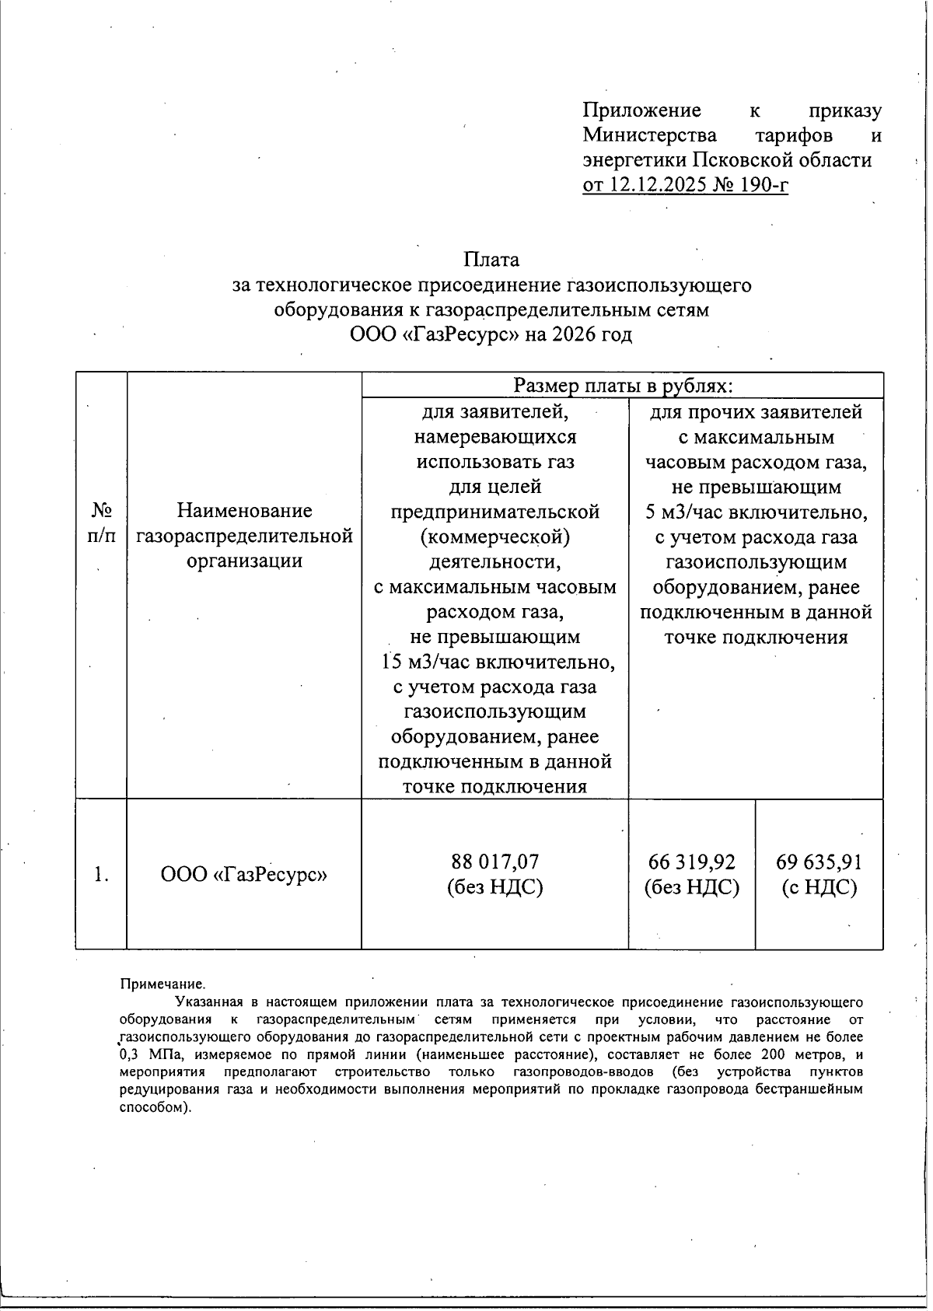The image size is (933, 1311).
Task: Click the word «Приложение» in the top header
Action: [641, 111]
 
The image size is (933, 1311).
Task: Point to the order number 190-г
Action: [763, 186]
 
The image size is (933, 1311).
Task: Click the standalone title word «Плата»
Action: [491, 260]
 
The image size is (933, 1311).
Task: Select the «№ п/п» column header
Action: [101, 523]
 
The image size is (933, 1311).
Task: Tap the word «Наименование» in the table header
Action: [244, 511]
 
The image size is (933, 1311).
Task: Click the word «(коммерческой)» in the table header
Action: [494, 537]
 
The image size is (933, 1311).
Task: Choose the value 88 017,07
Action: [494, 862]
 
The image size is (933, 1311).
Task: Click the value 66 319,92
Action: [691, 862]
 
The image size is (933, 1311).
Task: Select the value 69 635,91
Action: [819, 862]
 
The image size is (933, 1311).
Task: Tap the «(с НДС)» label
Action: [819, 887]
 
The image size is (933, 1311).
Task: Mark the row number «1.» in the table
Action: [101, 875]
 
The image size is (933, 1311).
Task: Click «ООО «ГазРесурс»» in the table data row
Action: [244, 875]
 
